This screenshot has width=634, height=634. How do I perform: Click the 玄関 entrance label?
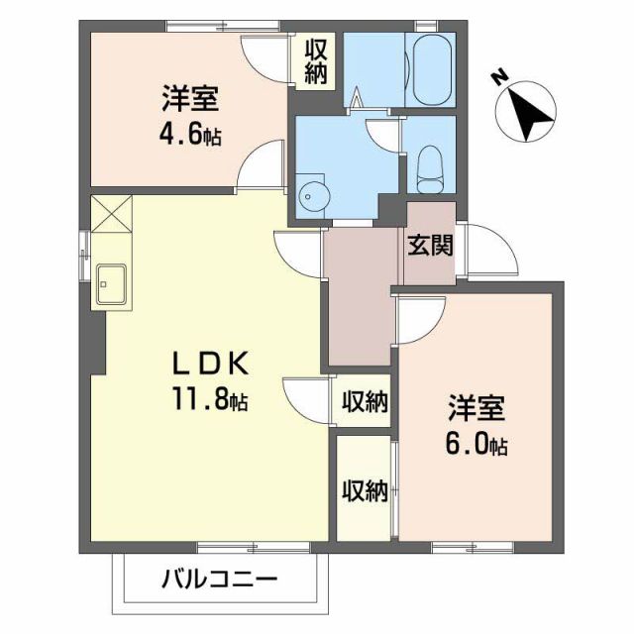[x=429, y=245]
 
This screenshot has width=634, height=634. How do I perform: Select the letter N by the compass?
[x=501, y=75]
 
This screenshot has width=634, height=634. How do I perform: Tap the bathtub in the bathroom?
[x=430, y=70]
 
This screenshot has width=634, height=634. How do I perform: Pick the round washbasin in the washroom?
[x=314, y=194]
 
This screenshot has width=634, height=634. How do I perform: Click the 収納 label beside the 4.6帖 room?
[x=316, y=61]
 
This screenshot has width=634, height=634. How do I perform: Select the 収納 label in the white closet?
[x=364, y=401]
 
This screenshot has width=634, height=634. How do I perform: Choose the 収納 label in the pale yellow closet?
[x=364, y=490]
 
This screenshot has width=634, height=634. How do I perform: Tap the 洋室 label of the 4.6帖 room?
[x=190, y=99]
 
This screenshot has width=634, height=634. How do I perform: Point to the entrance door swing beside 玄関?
[x=490, y=251]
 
